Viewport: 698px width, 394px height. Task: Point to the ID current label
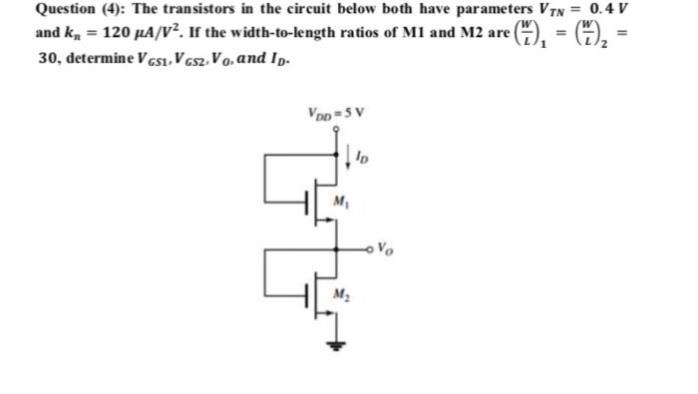(362, 158)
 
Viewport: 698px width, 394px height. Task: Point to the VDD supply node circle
(335, 127)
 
